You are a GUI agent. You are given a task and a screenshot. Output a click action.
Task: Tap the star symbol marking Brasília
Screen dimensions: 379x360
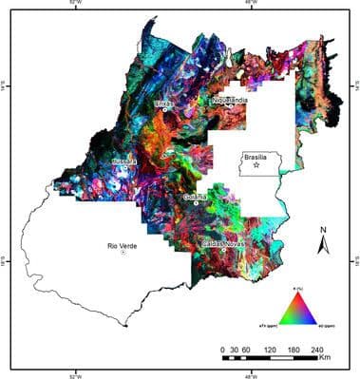(256, 166)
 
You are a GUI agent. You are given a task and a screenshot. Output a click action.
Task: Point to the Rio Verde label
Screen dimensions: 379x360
(123, 244)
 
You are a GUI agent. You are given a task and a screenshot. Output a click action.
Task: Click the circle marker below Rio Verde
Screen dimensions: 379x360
(123, 253)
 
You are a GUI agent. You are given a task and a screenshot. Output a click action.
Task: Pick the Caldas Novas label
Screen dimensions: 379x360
(226, 244)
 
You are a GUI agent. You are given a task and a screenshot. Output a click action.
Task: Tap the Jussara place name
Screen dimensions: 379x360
(124, 161)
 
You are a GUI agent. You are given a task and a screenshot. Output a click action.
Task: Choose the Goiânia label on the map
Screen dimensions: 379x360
(198, 196)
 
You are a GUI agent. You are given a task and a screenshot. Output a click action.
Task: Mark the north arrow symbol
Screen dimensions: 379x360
(324, 245)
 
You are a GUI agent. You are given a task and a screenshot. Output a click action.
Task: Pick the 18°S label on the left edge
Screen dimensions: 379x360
(5, 255)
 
